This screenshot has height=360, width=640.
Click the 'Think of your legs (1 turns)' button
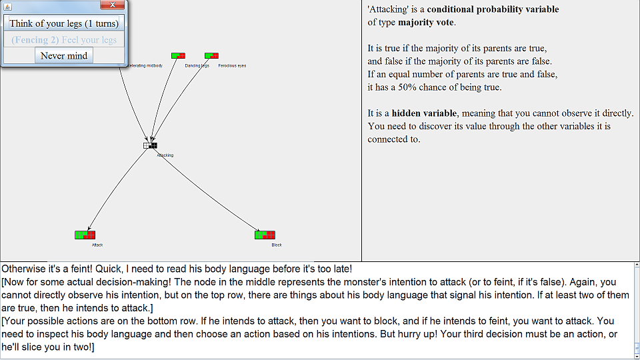[64, 23]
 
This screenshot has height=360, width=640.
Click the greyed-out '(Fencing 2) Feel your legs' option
[64, 40]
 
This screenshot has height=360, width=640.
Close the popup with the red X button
[113, 5]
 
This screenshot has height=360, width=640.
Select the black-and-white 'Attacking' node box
[150, 145]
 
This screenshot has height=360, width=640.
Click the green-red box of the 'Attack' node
[85, 235]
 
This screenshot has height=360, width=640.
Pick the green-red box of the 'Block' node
[265, 235]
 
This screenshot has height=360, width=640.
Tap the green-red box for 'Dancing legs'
[178, 56]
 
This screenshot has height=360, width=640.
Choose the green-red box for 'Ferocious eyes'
[211, 56]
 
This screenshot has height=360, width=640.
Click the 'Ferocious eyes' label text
[232, 66]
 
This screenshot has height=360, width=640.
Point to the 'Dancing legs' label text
[197, 66]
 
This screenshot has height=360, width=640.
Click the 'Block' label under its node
[277, 245]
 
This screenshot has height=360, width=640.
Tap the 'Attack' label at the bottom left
[97, 245]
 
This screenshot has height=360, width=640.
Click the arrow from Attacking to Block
[207, 190]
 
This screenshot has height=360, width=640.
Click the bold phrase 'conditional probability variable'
[493, 9]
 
